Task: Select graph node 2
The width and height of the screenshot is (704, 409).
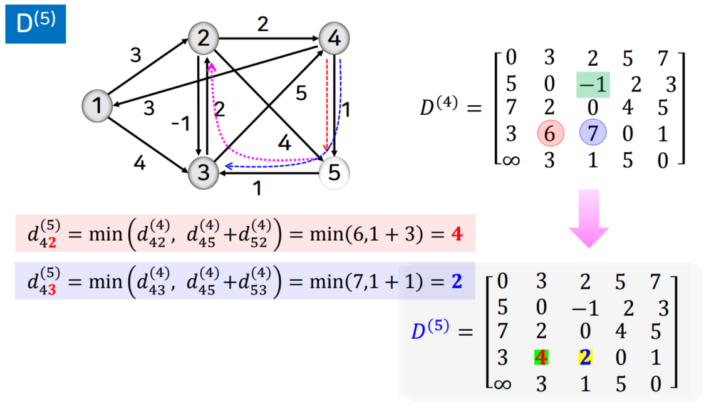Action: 203,39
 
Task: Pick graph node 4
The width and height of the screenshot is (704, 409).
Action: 334,39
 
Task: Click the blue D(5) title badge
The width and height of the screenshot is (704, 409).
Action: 36,23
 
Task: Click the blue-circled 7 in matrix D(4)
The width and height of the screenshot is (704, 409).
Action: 593,133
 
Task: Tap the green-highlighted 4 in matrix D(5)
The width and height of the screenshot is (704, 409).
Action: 541,358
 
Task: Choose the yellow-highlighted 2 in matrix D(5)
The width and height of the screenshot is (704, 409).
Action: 584,358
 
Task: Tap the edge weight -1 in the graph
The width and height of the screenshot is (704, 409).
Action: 181,123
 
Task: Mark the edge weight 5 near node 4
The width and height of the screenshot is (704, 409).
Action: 301,94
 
